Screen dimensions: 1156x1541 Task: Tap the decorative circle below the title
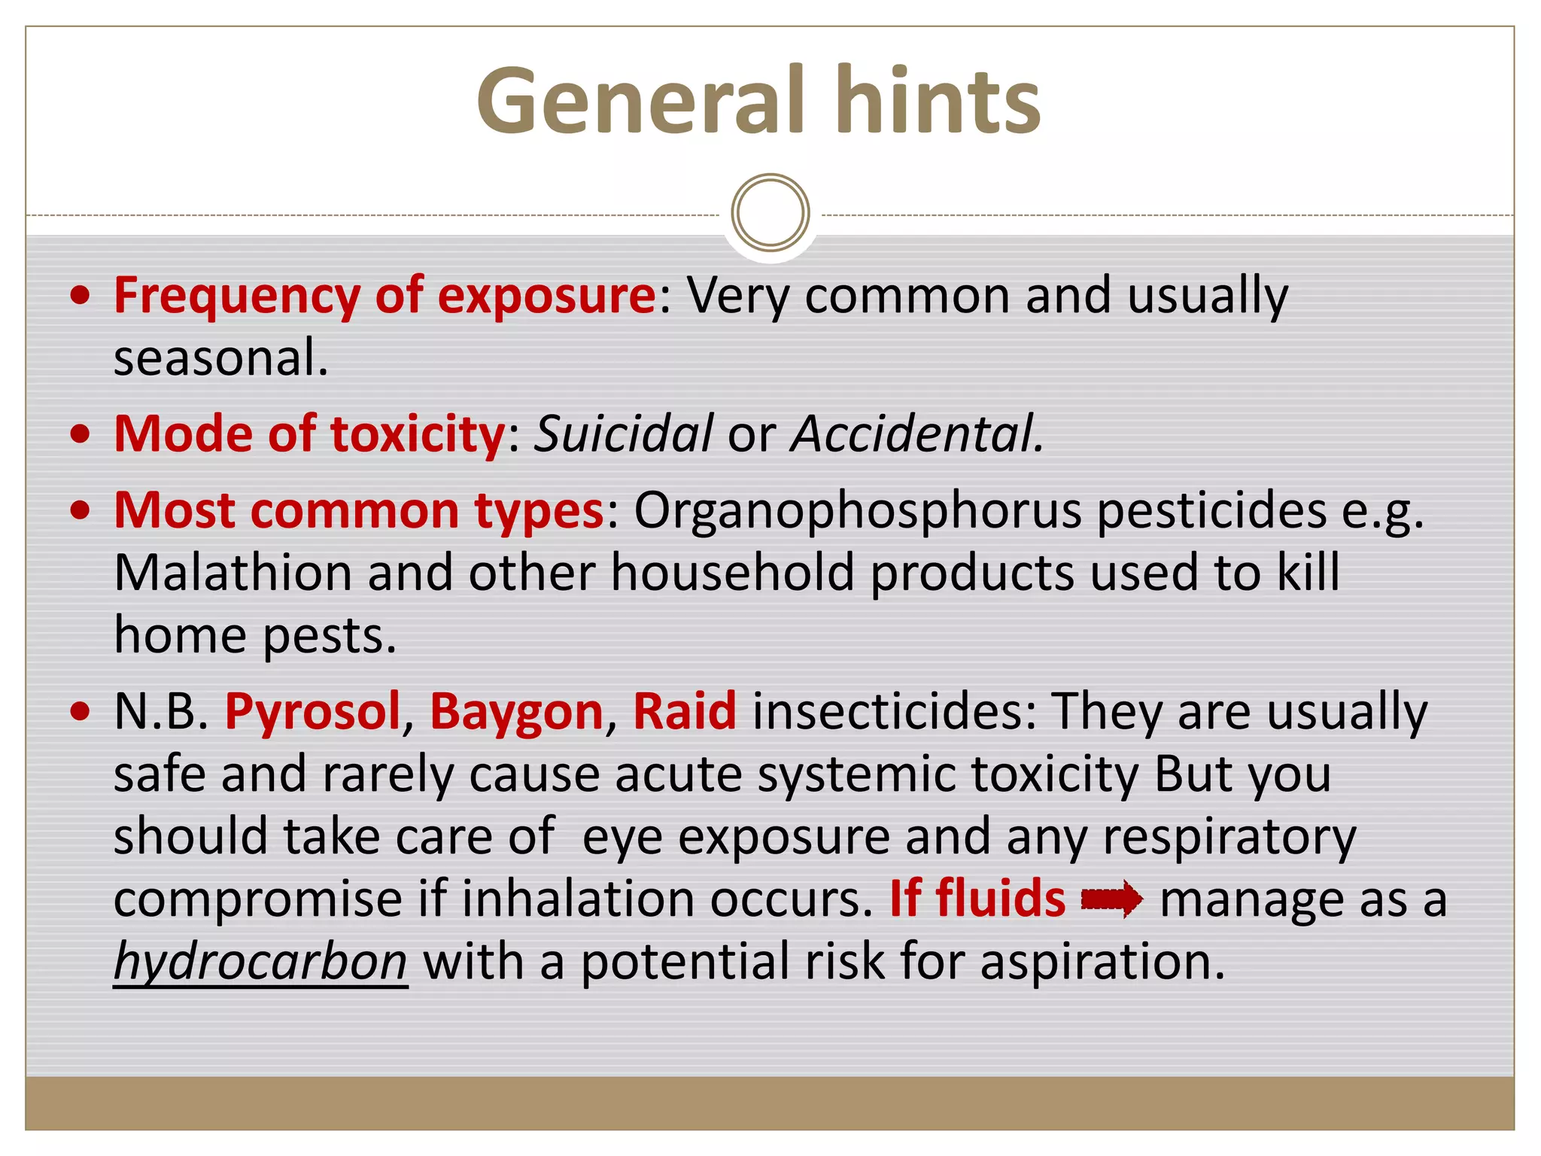tap(770, 213)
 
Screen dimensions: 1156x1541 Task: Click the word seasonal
tap(220, 357)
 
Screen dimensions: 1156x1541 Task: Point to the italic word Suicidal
tap(623, 434)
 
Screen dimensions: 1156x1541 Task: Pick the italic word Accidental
tap(916, 434)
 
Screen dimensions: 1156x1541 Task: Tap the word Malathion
tap(233, 573)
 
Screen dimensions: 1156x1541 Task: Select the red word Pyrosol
tap(312, 711)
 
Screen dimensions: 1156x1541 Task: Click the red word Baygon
tap(517, 711)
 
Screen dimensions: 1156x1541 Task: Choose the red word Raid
tap(685, 711)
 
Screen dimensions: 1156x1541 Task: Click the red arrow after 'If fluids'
tap(1111, 899)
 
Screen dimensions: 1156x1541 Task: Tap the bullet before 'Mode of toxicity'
tap(80, 434)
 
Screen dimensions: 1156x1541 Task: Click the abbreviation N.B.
tap(160, 711)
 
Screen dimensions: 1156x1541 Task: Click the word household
tap(732, 573)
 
